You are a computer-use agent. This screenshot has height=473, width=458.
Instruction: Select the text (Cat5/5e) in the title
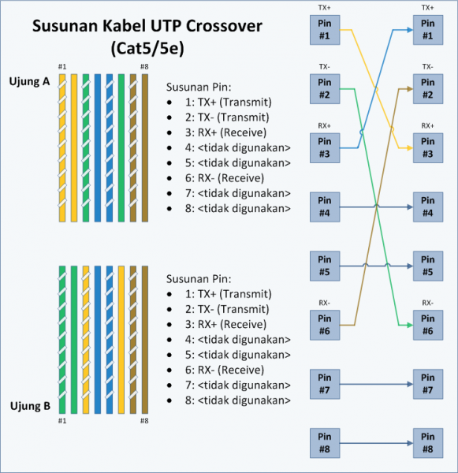point(147,50)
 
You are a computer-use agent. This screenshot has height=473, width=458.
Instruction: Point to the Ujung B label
point(30,406)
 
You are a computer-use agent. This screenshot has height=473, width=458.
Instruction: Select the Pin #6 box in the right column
point(426,326)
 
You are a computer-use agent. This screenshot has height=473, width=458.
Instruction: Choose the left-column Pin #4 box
point(325,207)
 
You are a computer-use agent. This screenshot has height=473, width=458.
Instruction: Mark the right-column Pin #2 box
point(426,89)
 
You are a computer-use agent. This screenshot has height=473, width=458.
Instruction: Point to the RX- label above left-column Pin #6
point(325,303)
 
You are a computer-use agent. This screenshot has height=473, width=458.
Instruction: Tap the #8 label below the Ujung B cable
point(144,421)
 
